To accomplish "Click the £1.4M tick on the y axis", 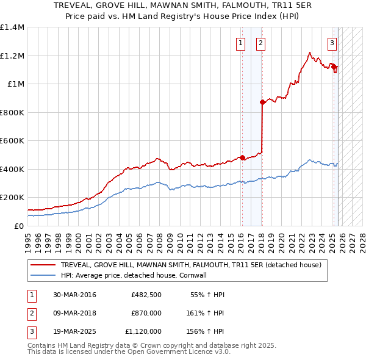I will [x=12, y=27].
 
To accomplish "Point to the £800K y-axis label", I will [x=12, y=112].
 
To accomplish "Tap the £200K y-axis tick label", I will [x=12, y=198].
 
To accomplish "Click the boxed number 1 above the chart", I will [x=241, y=43].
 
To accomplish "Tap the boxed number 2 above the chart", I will [x=260, y=43].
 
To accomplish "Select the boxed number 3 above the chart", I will [x=332, y=43].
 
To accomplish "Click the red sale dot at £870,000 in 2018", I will [x=262, y=103].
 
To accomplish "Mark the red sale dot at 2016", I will [x=242, y=157].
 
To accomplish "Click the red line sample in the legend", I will [x=43, y=265].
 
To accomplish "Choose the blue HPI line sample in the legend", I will [x=43, y=275].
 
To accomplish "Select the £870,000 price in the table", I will [x=146, y=313].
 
